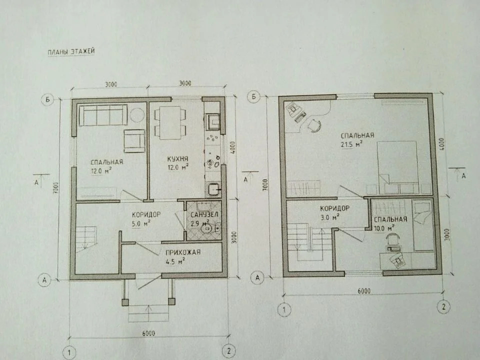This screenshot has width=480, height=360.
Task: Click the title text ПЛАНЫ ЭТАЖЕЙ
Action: (70, 51)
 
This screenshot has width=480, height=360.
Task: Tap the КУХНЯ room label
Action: (177, 159)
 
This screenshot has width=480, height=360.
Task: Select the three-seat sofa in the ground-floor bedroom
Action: (103, 115)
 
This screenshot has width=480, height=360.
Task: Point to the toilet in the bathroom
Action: (206, 229)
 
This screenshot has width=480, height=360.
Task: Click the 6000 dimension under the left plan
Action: (148, 333)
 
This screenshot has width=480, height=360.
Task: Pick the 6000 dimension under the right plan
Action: (363, 290)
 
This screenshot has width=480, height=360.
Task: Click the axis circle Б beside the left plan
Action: (46, 100)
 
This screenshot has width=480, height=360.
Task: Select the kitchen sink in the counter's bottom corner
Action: (212, 189)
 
